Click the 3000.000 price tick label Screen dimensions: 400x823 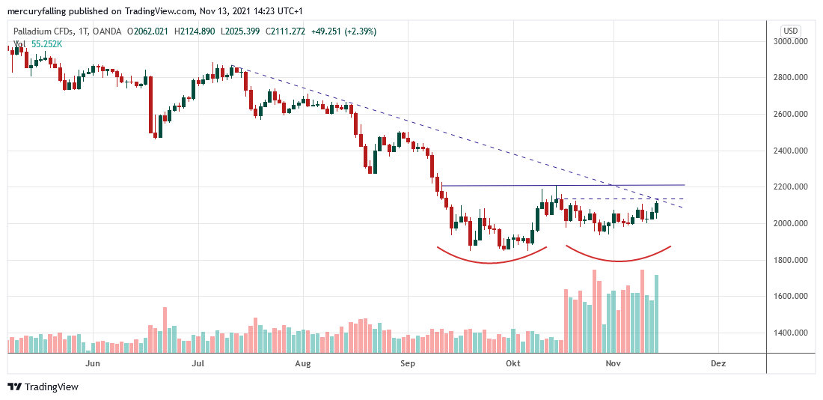coord(793,41)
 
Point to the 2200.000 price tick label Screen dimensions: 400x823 coord(793,187)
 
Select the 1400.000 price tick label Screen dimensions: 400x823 coord(793,333)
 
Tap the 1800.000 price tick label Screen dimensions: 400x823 coord(793,260)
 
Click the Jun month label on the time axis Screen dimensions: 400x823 coord(93,363)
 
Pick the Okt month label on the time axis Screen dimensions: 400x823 coord(513,363)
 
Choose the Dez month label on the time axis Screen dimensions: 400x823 coord(718,363)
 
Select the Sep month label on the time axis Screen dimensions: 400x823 coord(407,363)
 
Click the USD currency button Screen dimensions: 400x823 coord(791,31)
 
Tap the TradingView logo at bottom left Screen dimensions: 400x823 coord(43,387)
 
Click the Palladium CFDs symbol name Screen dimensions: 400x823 coord(45,31)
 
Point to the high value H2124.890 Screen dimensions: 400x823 coord(195,31)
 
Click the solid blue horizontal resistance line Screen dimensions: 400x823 coord(524,185)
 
